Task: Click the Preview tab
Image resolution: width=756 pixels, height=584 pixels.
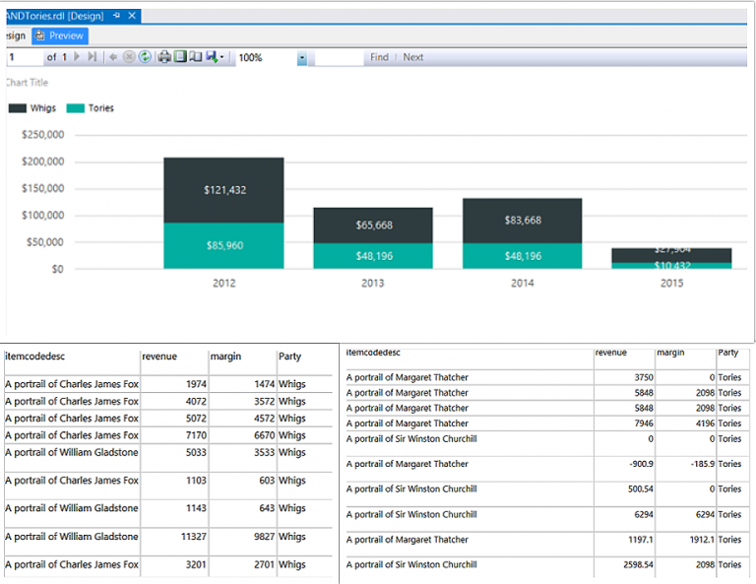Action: (60, 35)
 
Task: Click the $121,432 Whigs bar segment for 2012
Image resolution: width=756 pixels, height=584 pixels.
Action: (223, 189)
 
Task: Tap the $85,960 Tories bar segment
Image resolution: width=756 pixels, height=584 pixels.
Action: (223, 245)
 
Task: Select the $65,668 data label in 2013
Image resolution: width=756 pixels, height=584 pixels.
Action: (373, 226)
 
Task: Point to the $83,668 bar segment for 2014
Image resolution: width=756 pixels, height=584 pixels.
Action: (522, 220)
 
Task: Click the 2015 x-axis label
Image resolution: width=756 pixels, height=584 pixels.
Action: (670, 284)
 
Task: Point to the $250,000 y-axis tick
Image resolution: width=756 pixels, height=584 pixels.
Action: (42, 135)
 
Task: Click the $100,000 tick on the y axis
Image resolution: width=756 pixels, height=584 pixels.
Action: (42, 216)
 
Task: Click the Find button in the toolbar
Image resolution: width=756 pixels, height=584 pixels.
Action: (379, 58)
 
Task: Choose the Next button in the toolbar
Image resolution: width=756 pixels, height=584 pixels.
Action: (413, 58)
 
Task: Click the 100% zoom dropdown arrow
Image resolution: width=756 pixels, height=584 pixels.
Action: (302, 58)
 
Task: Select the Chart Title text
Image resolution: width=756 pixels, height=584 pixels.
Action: (27, 83)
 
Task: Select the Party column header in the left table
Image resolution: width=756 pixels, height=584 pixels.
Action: (290, 357)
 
